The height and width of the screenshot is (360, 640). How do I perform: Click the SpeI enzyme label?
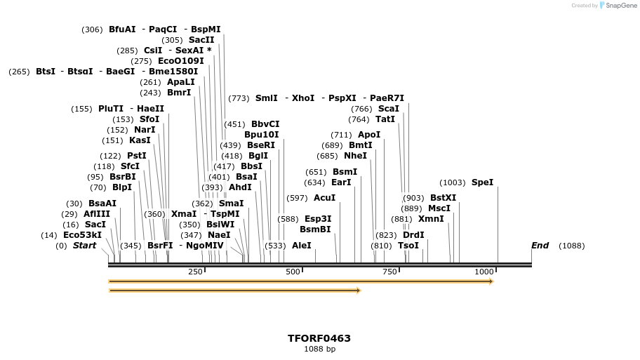click(x=482, y=182)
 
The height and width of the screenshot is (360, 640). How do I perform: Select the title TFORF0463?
click(x=319, y=338)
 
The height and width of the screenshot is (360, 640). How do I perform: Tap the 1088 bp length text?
click(x=319, y=349)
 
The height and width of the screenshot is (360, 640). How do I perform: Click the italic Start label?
click(x=84, y=246)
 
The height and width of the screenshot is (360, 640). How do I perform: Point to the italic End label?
click(x=540, y=246)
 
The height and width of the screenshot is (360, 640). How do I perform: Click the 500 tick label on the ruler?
click(x=293, y=272)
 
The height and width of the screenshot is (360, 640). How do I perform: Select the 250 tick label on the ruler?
click(x=195, y=272)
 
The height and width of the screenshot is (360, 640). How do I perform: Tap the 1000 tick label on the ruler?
click(x=484, y=272)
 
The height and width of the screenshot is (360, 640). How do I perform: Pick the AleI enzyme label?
click(x=301, y=246)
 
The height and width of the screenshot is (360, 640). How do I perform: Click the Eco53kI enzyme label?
click(x=82, y=235)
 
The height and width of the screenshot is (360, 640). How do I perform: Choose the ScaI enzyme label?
click(x=388, y=109)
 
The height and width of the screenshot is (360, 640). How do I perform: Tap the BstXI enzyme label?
click(x=443, y=198)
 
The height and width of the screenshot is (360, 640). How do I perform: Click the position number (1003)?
click(x=453, y=182)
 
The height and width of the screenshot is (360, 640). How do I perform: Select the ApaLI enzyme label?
click(x=181, y=82)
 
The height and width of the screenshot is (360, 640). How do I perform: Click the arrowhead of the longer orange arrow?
click(x=491, y=281)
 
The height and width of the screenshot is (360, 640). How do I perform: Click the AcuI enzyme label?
click(x=324, y=198)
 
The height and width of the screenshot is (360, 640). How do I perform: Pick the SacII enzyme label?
click(x=201, y=40)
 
